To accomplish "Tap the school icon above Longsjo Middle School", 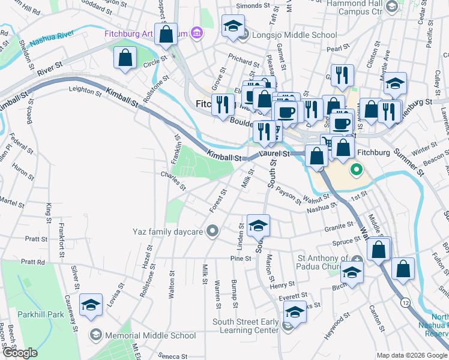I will coord(233,27).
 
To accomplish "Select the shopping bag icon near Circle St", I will coord(125,58).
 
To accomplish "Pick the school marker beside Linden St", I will coord(258,225).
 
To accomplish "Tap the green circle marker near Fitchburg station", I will coord(356,169).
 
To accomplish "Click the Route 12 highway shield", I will coord(406,300).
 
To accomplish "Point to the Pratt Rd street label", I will coord(33,262).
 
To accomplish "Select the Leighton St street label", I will coord(85,90).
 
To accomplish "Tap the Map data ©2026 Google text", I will coord(411,355).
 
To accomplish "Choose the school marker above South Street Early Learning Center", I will coord(294,312).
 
